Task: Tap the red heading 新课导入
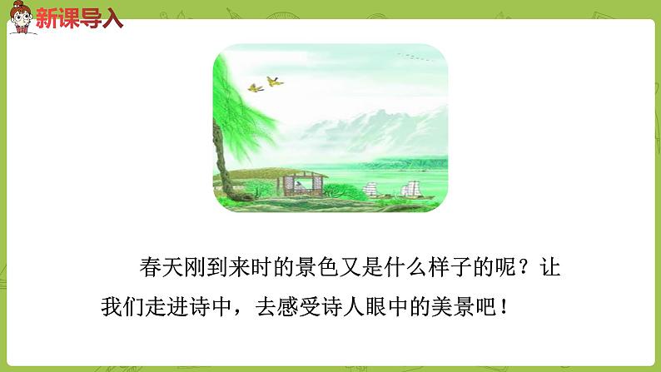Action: (x=79, y=18)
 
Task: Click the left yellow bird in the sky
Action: (x=256, y=87)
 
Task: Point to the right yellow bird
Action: (x=274, y=81)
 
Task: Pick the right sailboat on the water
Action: (x=411, y=190)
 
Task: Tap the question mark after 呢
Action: (x=522, y=269)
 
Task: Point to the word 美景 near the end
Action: (x=459, y=305)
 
